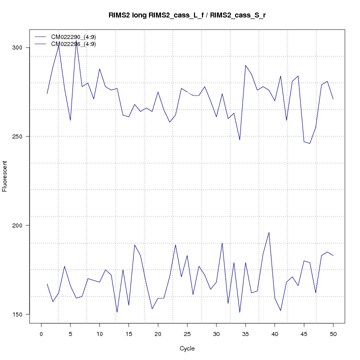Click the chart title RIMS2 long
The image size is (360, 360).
187,15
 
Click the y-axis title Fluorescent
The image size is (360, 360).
5,176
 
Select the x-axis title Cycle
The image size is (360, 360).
187,348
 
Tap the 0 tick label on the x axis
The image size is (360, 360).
41,334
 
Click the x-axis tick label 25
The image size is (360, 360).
187,334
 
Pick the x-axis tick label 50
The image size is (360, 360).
333,334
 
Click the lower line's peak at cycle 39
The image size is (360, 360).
269,232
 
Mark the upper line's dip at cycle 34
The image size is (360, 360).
239,140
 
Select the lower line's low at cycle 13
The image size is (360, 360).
117,312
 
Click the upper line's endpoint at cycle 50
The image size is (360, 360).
333,99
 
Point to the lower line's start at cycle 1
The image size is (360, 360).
47,284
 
